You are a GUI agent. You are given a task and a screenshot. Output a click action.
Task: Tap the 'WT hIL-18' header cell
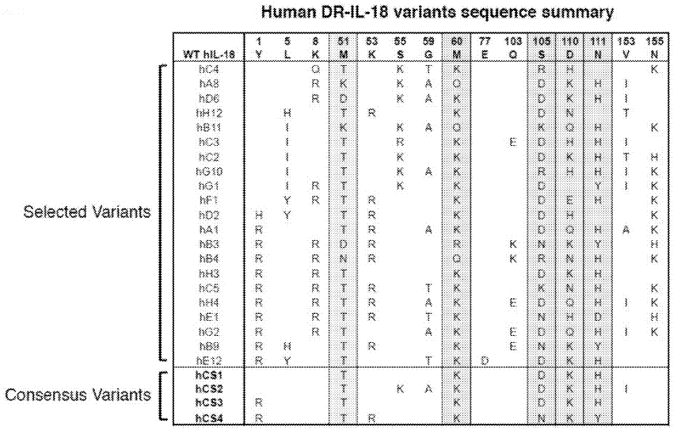pyautogui.click(x=207, y=54)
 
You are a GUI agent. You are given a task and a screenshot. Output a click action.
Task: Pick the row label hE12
pyautogui.click(x=210, y=359)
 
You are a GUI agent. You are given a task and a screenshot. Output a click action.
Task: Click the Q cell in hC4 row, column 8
pyautogui.click(x=314, y=69)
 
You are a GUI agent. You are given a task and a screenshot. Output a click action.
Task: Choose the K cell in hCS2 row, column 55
pyautogui.click(x=401, y=388)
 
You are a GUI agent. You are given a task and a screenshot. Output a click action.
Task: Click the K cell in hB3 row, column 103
pyautogui.click(x=513, y=243)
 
